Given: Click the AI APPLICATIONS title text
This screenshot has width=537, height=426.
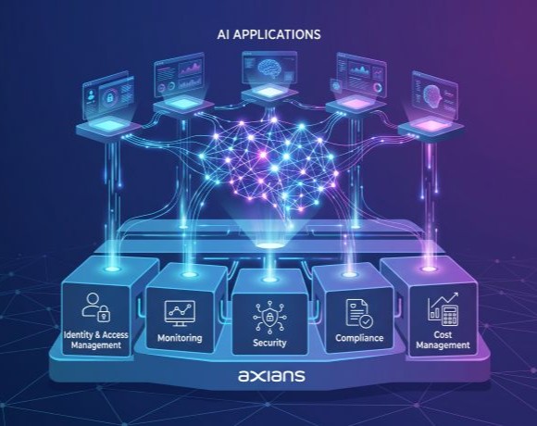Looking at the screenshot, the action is (268, 34).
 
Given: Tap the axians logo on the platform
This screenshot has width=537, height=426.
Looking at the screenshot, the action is (271, 375).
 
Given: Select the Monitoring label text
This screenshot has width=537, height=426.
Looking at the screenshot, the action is (180, 338).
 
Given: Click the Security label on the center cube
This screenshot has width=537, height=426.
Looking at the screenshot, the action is (269, 343).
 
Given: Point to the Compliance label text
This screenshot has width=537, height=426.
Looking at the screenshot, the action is (359, 338).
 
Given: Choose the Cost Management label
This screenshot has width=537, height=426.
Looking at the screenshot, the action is (443, 340).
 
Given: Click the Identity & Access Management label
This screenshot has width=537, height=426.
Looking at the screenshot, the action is (96, 340).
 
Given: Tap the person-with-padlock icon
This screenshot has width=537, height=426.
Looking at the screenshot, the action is (96, 307).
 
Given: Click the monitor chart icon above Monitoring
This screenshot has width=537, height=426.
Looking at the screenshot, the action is (180, 313).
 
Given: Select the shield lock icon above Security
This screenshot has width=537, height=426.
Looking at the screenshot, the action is (269, 318).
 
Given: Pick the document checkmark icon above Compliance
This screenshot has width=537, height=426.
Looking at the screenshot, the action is (359, 314).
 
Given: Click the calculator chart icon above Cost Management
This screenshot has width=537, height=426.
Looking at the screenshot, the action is (443, 308).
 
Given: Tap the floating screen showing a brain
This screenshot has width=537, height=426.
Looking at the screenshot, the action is (268, 68).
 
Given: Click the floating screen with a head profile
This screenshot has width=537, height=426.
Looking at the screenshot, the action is (435, 95).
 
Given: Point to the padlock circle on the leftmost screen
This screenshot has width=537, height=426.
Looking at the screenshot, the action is (109, 98).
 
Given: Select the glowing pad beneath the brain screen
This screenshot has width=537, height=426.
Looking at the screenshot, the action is (268, 93).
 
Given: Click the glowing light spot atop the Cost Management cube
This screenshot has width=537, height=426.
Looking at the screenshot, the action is (428, 269).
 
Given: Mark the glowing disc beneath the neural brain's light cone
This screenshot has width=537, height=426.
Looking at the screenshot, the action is (269, 245).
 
